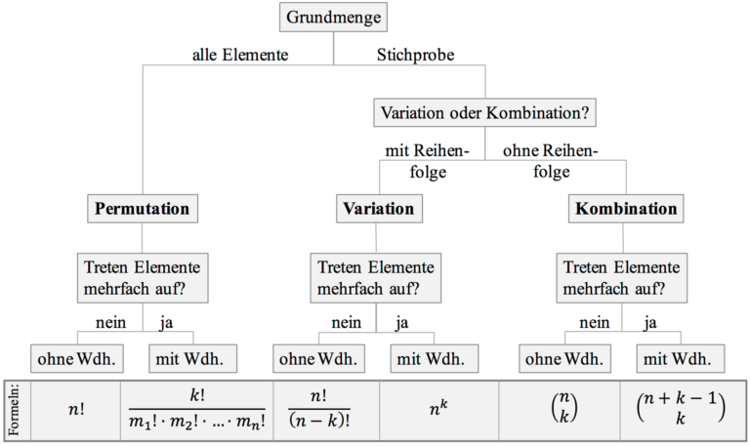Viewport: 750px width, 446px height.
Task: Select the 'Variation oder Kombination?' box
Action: (x=484, y=113)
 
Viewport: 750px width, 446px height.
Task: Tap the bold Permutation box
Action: (x=142, y=209)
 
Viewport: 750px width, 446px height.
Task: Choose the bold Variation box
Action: (x=378, y=209)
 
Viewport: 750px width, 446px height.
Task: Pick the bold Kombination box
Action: (x=626, y=209)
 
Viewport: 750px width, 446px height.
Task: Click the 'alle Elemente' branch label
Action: (x=240, y=55)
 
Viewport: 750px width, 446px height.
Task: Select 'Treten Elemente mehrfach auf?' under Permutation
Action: (x=143, y=276)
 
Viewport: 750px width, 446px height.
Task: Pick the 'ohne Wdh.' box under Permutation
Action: (x=76, y=358)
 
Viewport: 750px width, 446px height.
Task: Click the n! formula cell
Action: (x=75, y=410)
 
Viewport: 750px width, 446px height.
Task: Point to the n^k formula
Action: (x=437, y=410)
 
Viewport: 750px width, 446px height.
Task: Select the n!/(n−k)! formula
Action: (x=319, y=410)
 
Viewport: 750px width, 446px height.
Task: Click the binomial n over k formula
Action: (x=559, y=410)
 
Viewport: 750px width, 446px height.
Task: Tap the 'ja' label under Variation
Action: (x=401, y=322)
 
